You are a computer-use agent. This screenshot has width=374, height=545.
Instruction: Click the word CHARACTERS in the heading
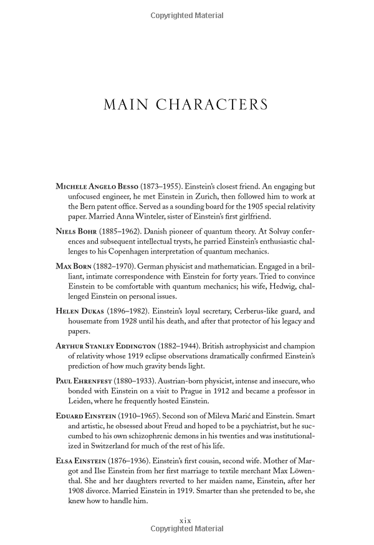(x=216, y=104)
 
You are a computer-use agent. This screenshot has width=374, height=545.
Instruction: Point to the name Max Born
(x=72, y=265)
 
